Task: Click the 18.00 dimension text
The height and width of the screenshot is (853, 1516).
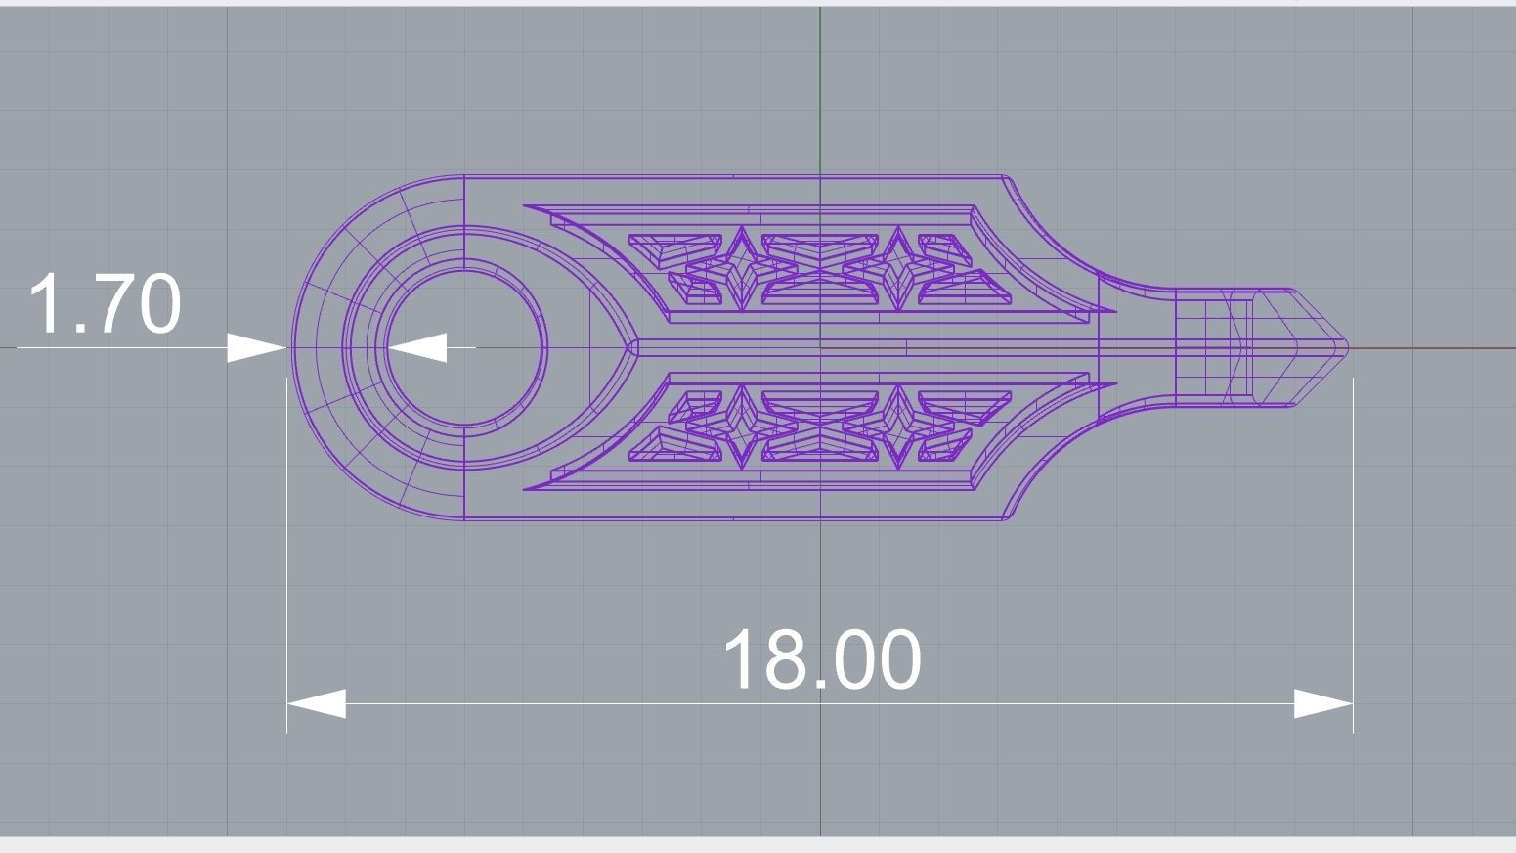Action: (x=821, y=660)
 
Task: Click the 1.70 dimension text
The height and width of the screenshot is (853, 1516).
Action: (x=106, y=304)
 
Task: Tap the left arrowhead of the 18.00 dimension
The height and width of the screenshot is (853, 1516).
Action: (x=315, y=703)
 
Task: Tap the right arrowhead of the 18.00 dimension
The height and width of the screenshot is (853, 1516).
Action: (x=1324, y=703)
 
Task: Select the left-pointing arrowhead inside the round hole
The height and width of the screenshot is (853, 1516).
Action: (x=417, y=347)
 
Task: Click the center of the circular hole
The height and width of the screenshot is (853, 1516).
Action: (x=466, y=348)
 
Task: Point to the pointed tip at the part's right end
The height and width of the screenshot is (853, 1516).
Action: (x=1345, y=347)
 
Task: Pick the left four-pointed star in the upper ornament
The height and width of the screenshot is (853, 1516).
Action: (x=741, y=268)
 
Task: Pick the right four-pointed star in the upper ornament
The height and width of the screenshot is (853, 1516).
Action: (x=897, y=268)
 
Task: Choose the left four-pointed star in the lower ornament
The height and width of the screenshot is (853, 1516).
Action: (x=741, y=426)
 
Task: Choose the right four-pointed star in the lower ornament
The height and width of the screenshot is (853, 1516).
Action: (x=897, y=426)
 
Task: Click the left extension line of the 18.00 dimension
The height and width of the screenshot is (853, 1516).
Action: (x=286, y=548)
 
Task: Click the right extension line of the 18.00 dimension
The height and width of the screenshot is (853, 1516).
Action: (x=1353, y=548)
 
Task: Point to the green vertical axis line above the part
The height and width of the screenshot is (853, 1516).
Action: (x=820, y=88)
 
